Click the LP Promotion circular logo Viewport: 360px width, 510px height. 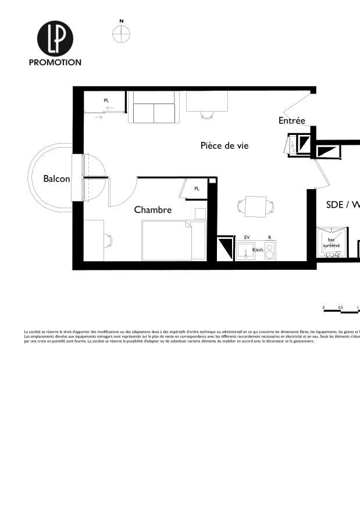click(x=55, y=38)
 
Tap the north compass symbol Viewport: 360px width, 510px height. click(x=121, y=34)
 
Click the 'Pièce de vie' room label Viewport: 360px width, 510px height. click(x=224, y=145)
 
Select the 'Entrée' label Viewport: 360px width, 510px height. click(x=291, y=121)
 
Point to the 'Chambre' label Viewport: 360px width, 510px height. click(x=153, y=210)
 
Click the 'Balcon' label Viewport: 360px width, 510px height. click(x=56, y=179)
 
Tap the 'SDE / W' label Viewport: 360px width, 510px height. click(x=343, y=205)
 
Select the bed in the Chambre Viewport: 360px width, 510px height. click(x=166, y=240)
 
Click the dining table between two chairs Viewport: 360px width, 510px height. click(x=256, y=206)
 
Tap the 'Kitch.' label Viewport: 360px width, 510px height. click(x=258, y=249)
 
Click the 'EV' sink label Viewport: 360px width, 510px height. click(x=247, y=238)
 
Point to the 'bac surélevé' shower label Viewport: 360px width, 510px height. click(x=332, y=242)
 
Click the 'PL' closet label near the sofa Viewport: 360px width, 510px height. click(x=106, y=101)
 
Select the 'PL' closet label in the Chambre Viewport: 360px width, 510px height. click(x=197, y=188)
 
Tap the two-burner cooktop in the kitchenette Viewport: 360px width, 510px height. click(x=270, y=251)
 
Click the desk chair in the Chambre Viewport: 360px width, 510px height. click(x=108, y=240)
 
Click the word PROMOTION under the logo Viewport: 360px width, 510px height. click(x=55, y=62)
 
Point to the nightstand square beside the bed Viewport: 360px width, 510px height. click(x=200, y=213)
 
